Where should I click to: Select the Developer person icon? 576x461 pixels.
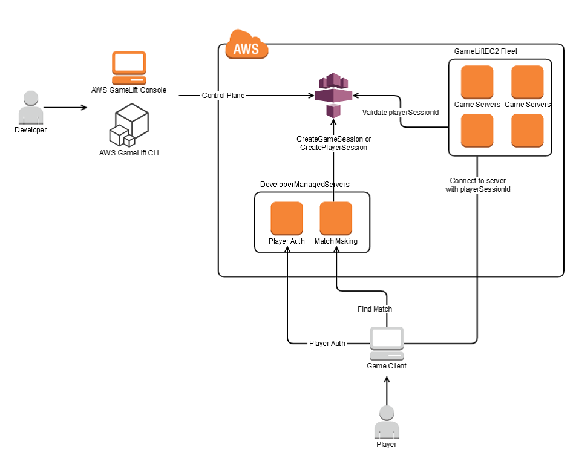(30, 107)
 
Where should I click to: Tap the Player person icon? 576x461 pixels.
(387, 422)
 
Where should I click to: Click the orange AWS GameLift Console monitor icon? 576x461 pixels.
(129, 67)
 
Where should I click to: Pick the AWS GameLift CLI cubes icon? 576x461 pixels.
(129, 125)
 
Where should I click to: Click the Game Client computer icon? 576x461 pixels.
(387, 343)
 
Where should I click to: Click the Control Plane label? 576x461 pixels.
(223, 96)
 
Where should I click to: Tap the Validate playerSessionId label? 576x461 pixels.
(400, 113)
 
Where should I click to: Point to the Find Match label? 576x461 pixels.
(375, 309)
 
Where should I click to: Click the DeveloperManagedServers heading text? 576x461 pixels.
(304, 184)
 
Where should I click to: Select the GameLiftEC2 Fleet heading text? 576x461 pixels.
(486, 51)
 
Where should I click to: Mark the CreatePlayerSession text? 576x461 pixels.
(333, 148)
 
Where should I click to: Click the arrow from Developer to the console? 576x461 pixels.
(65, 108)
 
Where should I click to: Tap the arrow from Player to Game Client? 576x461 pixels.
(387, 390)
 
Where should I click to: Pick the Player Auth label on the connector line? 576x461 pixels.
(327, 344)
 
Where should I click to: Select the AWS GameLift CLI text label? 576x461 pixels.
(129, 153)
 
